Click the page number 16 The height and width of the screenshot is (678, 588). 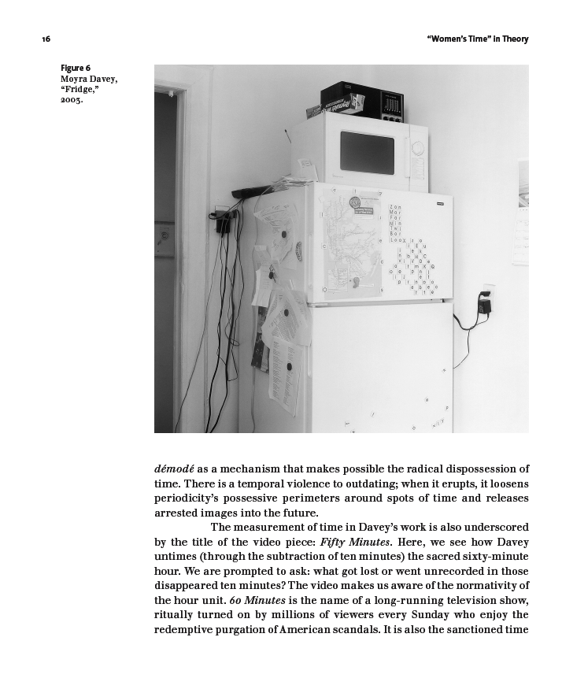46,39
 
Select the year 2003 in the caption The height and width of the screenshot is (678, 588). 72,100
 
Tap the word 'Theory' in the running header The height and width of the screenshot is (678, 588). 516,39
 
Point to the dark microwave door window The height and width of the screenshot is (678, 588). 367,152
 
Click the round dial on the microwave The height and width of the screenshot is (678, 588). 417,147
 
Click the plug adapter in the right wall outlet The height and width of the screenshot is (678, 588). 486,304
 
